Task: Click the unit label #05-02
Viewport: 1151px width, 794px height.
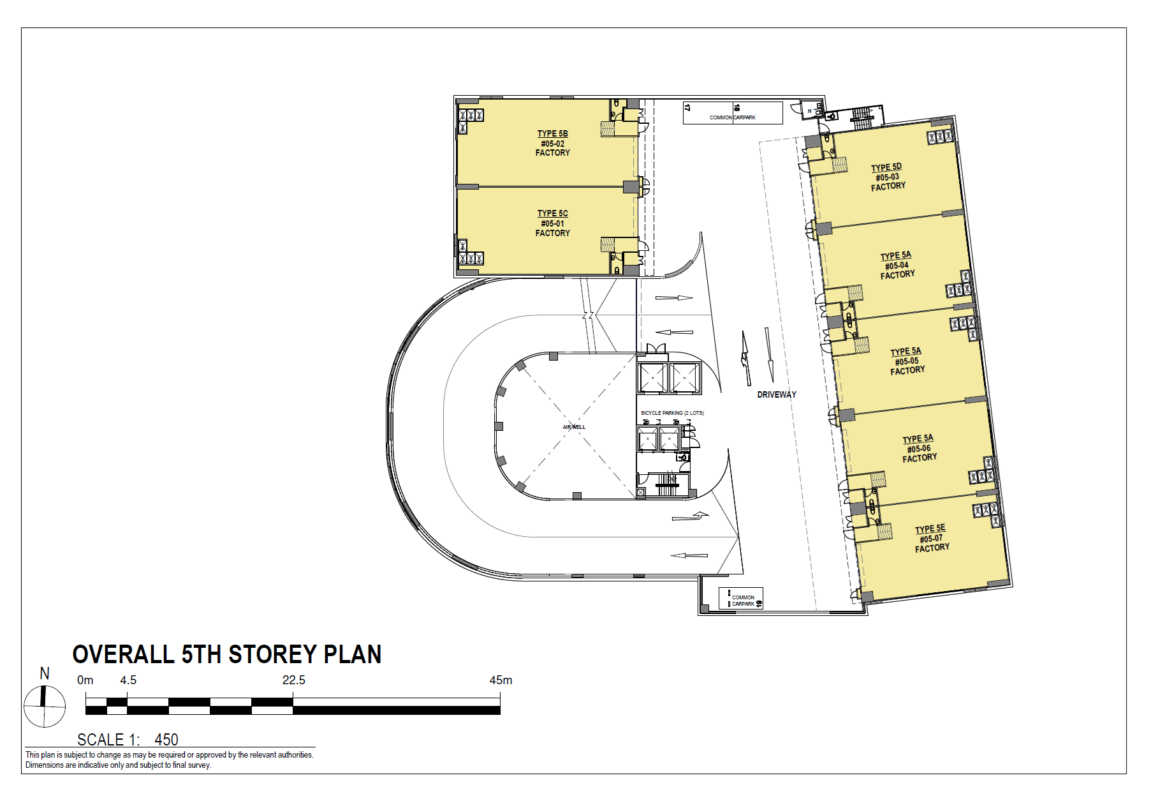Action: coord(552,144)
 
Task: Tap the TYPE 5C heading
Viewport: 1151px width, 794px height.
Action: coord(552,213)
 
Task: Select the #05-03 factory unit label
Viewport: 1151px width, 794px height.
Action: coord(887,177)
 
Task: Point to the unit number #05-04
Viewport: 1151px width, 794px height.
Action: coord(897,265)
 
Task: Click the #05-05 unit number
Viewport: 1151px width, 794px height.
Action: coord(906,361)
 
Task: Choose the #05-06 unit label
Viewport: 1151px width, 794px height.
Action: coord(919,449)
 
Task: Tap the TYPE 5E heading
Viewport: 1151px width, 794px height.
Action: coord(930,528)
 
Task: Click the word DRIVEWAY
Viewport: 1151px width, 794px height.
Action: coord(776,394)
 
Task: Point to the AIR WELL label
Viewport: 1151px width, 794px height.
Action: coord(573,427)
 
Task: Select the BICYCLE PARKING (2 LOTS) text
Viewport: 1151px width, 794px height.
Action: coord(672,413)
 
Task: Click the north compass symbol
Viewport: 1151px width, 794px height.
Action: coord(45,706)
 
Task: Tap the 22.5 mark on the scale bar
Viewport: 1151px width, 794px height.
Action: coord(294,680)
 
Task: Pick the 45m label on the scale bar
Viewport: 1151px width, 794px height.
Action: coord(501,680)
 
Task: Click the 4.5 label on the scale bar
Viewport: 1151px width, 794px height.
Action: coord(128,680)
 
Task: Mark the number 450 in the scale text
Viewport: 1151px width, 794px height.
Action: coord(166,740)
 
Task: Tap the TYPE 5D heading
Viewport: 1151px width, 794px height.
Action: coord(886,167)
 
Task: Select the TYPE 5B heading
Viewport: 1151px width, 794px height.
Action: coord(552,133)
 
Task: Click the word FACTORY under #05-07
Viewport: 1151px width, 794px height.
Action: coord(932,548)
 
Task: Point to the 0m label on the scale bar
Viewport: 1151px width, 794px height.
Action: coord(85,680)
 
